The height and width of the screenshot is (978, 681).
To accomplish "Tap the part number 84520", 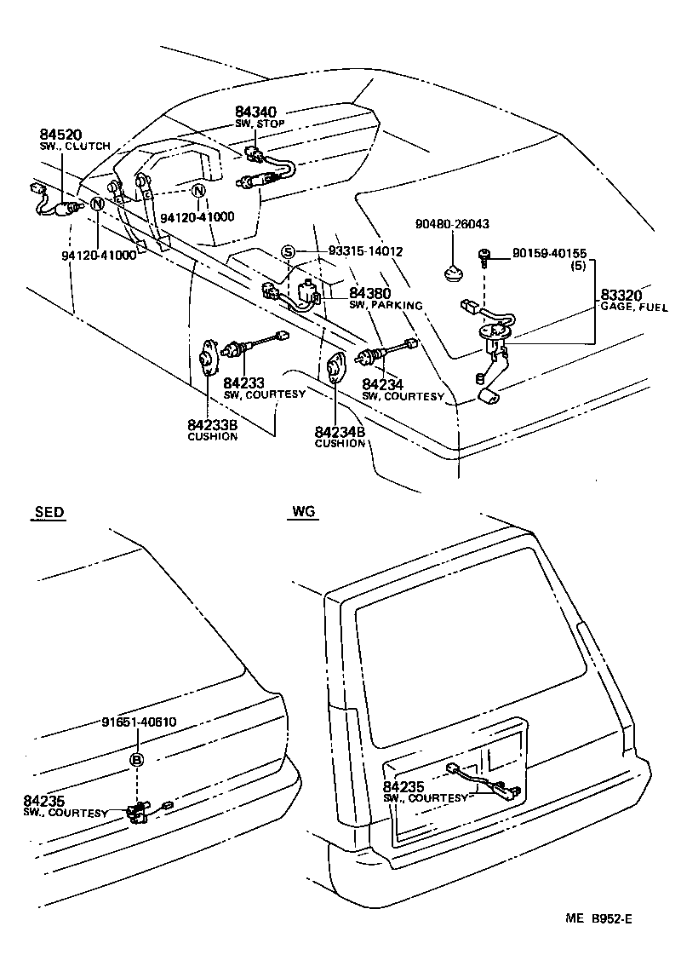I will (60, 135).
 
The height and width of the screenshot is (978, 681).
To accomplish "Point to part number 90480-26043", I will (452, 224).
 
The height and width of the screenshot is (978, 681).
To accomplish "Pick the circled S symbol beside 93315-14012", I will (289, 251).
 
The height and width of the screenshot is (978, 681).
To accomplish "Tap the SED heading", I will (49, 512).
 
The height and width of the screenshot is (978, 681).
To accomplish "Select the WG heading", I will (303, 512).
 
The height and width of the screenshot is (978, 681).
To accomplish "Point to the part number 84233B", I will (212, 425).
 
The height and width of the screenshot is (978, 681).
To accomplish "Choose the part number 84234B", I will (340, 432).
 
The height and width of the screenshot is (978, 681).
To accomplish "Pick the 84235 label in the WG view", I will (403, 786).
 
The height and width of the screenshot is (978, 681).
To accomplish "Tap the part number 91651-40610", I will (139, 722).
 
